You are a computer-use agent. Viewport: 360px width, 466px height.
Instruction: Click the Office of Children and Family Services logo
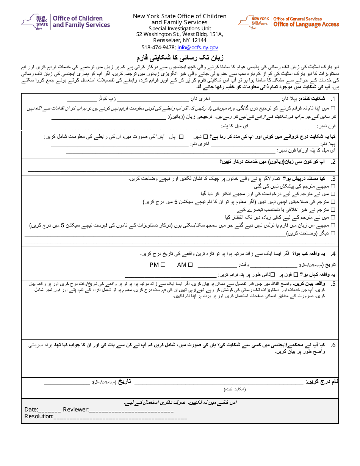(66, 21)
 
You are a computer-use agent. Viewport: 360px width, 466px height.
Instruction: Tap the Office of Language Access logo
(289, 22)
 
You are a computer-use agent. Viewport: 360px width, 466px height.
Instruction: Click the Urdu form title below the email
(180, 58)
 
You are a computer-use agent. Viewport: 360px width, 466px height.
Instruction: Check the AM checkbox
(191, 265)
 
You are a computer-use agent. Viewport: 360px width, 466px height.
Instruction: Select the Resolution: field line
(120, 417)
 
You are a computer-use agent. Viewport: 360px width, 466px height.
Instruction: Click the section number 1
(333, 99)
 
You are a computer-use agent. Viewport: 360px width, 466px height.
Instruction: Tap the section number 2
(333, 162)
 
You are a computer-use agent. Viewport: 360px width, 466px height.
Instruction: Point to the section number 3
(333, 179)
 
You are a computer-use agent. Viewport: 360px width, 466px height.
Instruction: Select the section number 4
(333, 254)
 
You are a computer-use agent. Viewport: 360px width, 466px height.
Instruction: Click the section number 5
(333, 284)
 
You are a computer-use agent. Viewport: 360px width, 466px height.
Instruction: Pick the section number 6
(333, 345)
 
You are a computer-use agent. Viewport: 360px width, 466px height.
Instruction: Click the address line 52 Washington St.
(180, 34)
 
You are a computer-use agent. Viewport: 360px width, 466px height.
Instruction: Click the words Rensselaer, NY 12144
(180, 40)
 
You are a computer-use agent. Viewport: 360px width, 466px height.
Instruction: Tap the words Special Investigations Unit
(180, 28)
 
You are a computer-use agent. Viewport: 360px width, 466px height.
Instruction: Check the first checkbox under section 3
(333, 186)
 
